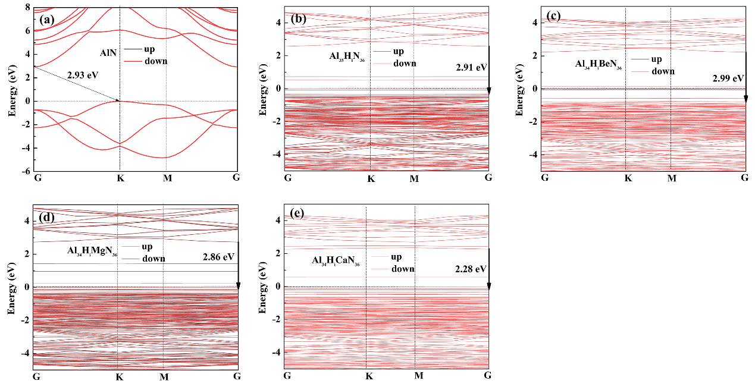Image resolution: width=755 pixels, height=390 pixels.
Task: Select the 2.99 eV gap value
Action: (x=728, y=78)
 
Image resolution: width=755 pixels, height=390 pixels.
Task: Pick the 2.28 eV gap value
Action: (x=470, y=269)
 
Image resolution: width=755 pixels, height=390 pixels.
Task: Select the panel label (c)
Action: (x=553, y=16)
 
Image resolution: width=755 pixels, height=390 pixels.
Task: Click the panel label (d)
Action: (x=47, y=217)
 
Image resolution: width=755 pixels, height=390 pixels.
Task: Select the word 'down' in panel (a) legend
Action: (x=156, y=61)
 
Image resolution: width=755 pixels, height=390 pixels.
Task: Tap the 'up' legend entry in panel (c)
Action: (x=656, y=59)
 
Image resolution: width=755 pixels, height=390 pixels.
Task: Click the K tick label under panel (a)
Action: (x=120, y=177)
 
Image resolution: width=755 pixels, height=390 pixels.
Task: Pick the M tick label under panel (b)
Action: (x=414, y=178)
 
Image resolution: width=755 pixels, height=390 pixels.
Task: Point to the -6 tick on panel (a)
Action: (x=26, y=171)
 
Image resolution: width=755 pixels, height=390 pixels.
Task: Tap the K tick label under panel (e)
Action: (x=369, y=376)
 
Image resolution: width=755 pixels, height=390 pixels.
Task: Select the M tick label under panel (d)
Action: (x=164, y=376)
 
